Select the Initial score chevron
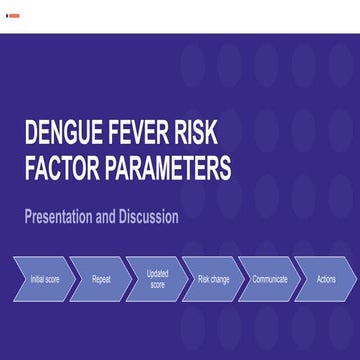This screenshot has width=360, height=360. [x=44, y=279]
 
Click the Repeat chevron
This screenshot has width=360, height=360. [x=101, y=279]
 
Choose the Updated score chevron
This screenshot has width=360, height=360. [x=157, y=279]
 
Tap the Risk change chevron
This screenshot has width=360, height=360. [x=213, y=279]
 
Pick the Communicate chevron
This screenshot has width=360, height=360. [x=269, y=279]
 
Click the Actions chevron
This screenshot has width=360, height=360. [x=325, y=279]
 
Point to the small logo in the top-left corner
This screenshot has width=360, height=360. [x=9, y=16]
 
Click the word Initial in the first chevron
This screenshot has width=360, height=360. [x=37, y=279]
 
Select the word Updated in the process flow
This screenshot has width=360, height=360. [x=157, y=274]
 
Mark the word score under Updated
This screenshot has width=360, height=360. [x=157, y=285]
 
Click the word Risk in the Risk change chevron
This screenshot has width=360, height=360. [x=203, y=279]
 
